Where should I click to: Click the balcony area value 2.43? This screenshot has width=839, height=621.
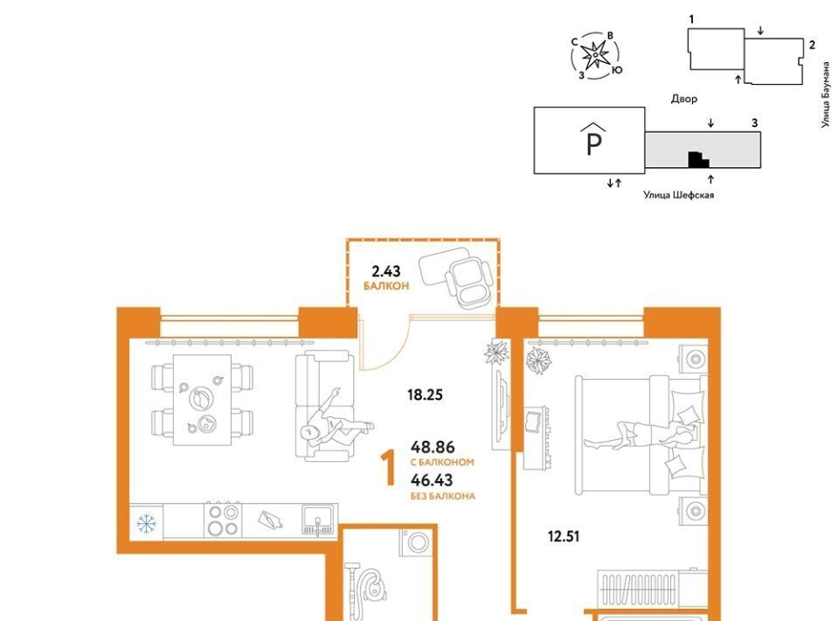385,271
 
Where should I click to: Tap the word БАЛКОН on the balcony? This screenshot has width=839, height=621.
386,286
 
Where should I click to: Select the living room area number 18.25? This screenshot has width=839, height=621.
425,395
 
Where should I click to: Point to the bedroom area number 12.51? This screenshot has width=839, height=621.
564,536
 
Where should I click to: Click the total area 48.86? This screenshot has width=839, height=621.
433,446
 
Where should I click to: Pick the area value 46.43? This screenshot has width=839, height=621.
431,480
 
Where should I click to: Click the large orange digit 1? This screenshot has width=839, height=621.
388,468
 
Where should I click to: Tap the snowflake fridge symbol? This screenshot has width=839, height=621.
146,523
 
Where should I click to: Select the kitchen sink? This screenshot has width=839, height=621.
319,520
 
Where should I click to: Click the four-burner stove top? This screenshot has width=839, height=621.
223,520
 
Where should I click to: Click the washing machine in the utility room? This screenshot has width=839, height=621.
415,543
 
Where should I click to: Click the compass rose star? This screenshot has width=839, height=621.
595,56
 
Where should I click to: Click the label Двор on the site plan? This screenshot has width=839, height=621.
684,99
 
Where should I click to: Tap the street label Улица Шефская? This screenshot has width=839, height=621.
678,195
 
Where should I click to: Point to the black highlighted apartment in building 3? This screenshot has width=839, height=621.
697,159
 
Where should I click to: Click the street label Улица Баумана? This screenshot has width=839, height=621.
826,94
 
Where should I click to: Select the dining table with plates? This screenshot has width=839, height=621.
202,400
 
